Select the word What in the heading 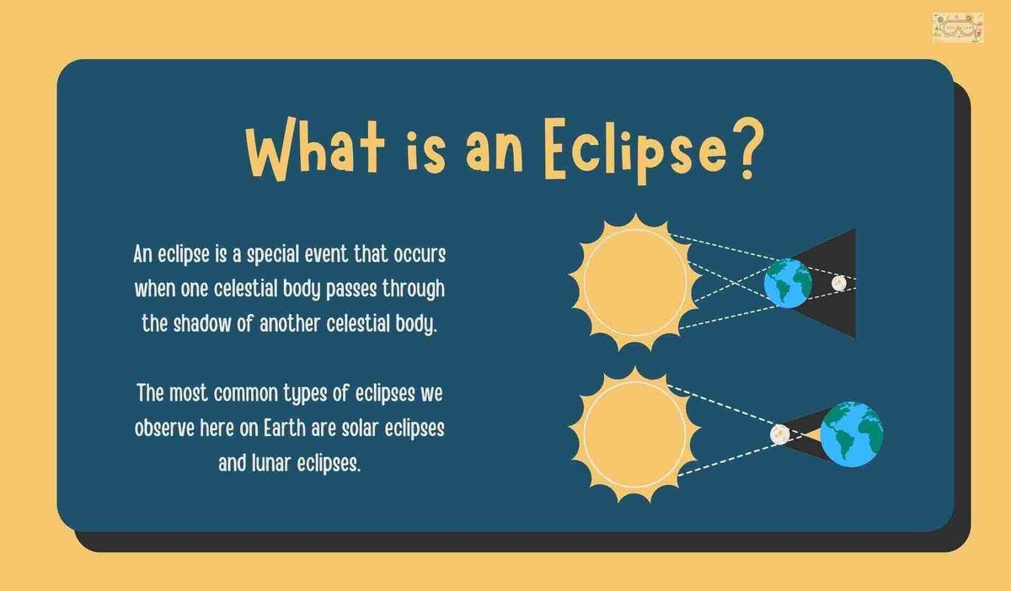click(315, 148)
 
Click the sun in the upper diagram click(635, 282)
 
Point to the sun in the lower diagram click(634, 434)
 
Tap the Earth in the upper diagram click(788, 284)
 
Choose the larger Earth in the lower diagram click(852, 434)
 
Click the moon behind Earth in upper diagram click(839, 283)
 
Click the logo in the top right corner click(958, 28)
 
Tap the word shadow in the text click(201, 323)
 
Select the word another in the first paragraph click(290, 323)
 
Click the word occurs click(420, 255)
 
